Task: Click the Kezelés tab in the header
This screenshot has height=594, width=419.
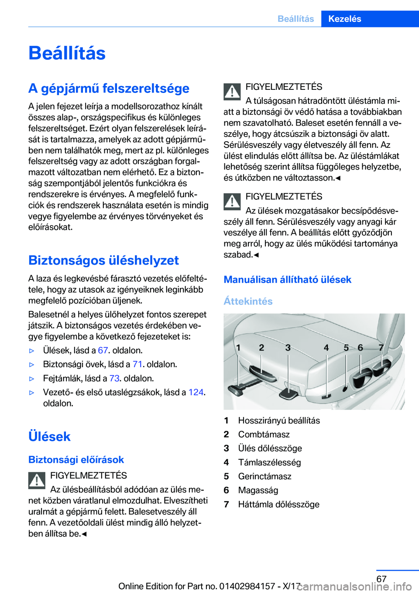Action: [x=345, y=19]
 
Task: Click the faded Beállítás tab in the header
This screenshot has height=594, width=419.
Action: [x=295, y=19]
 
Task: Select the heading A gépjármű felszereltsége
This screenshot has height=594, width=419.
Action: [x=109, y=88]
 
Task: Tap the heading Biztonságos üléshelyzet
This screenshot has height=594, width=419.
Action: [x=103, y=260]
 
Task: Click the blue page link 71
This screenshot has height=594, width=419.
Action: [x=137, y=364]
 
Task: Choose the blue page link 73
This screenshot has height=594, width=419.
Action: [x=114, y=378]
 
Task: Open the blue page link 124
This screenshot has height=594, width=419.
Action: [x=196, y=392]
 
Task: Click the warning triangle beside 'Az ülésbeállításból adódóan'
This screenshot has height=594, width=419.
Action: [x=37, y=481]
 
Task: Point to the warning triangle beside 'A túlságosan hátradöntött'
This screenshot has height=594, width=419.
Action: [x=232, y=92]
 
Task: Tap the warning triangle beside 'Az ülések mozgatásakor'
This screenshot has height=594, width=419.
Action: [x=232, y=201]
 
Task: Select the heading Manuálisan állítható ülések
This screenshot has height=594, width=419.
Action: [x=287, y=280]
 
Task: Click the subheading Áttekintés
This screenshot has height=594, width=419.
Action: [x=248, y=301]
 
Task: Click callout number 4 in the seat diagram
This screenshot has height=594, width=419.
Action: [x=326, y=348]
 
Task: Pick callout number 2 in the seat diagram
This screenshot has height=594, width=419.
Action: [x=261, y=348]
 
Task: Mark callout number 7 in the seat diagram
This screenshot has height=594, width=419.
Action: [x=381, y=348]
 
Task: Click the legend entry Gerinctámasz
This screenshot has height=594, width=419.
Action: [x=264, y=476]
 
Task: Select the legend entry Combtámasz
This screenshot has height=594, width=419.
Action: [x=264, y=434]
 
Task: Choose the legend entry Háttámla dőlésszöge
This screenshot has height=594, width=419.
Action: [x=278, y=504]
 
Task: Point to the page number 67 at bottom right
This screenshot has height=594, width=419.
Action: [x=381, y=579]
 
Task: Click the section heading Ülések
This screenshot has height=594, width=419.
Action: [x=49, y=436]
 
